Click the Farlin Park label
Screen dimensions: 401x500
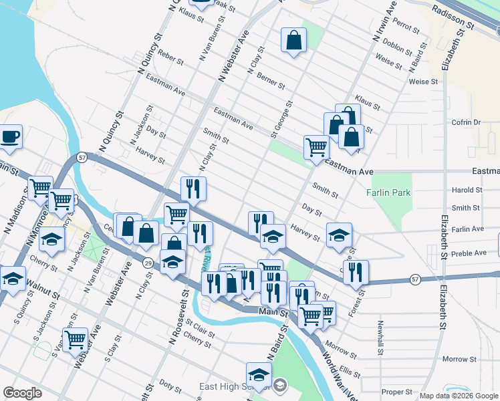pyautogui.click(x=388, y=193)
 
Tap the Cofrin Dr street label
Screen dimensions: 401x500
pyautogui.click(x=467, y=122)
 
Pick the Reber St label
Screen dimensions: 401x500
pyautogui.click(x=171, y=59)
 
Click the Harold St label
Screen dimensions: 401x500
pyautogui.click(x=467, y=190)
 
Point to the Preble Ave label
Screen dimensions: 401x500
pyautogui.click(x=470, y=253)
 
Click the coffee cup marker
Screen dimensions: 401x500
pyautogui.click(x=10, y=137)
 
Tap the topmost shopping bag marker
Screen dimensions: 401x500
pyautogui.click(x=293, y=41)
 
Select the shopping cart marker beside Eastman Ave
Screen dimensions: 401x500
pyautogui.click(x=316, y=147)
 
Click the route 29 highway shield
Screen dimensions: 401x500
pyautogui.click(x=147, y=264)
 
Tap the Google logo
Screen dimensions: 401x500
pyautogui.click(x=23, y=393)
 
